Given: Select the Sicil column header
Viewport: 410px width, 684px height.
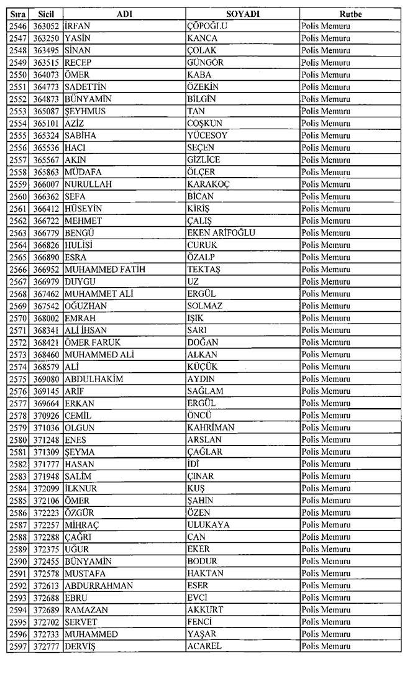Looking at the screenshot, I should pos(45,14).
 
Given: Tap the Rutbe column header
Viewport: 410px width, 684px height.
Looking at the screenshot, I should pos(350,14).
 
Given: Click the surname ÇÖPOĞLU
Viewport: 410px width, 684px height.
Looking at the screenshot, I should pos(207,26).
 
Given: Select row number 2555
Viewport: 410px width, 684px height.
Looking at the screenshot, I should pos(18,135).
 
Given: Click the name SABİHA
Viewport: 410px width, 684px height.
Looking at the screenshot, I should pos(80,135).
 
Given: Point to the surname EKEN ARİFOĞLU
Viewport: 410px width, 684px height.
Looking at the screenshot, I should pos(221,233).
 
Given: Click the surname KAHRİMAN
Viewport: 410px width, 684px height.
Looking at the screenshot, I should pos(211,427).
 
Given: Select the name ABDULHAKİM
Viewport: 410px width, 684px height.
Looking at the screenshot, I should pos(94,379).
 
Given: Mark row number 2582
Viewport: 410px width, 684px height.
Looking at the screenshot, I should pos(18,464).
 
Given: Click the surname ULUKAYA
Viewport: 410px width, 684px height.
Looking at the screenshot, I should pos(208,525).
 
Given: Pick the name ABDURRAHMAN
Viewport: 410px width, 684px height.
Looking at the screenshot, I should pos(98,586).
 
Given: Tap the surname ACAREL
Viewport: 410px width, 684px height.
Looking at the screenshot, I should pos(204,647).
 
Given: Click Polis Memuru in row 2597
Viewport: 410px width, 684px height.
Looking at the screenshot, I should pos(326,647).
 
